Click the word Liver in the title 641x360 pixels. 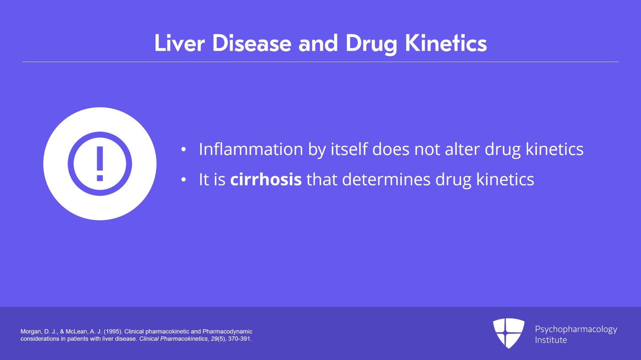point(179,43)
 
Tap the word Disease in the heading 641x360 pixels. point(252,43)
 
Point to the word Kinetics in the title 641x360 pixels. point(446,43)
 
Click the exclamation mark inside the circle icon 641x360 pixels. point(100,163)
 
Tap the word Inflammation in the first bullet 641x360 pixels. point(251,149)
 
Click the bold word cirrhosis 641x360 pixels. point(266,179)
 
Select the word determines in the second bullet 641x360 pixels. point(386,179)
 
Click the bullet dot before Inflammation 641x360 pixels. point(183,150)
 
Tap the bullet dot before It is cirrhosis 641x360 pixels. point(183,180)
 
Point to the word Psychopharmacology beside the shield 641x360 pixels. point(576,329)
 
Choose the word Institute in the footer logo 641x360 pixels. point(551,340)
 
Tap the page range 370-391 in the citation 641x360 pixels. point(239,339)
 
